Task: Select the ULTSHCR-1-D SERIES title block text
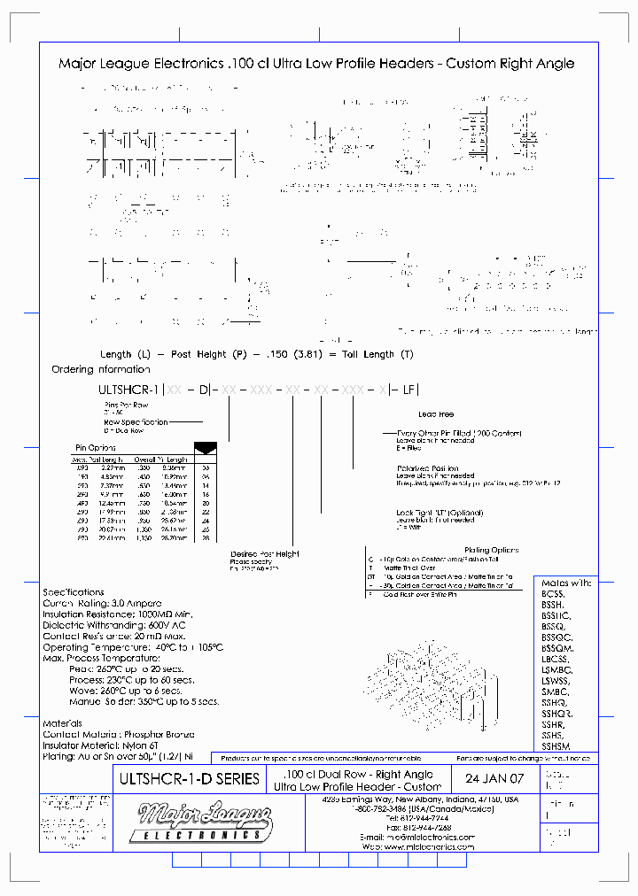click(x=189, y=779)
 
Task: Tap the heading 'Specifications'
click(x=74, y=592)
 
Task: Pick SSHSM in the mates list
click(x=556, y=746)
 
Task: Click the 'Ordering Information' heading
click(x=101, y=369)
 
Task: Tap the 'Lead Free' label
click(x=436, y=413)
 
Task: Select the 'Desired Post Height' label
click(x=264, y=554)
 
